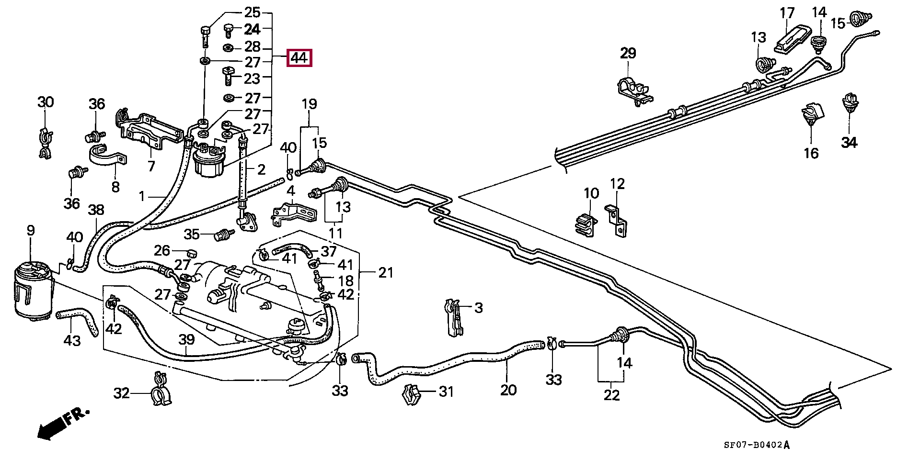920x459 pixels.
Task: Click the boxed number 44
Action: pos(299,58)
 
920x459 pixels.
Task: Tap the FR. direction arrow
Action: pos(62,424)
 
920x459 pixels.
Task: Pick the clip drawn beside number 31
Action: pos(412,393)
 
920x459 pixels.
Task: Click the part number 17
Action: pos(787,13)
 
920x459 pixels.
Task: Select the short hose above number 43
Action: pos(78,320)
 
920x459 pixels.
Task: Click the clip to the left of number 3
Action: pos(454,317)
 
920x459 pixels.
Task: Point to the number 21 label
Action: pos(385,273)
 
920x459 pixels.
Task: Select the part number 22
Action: pos(612,395)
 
